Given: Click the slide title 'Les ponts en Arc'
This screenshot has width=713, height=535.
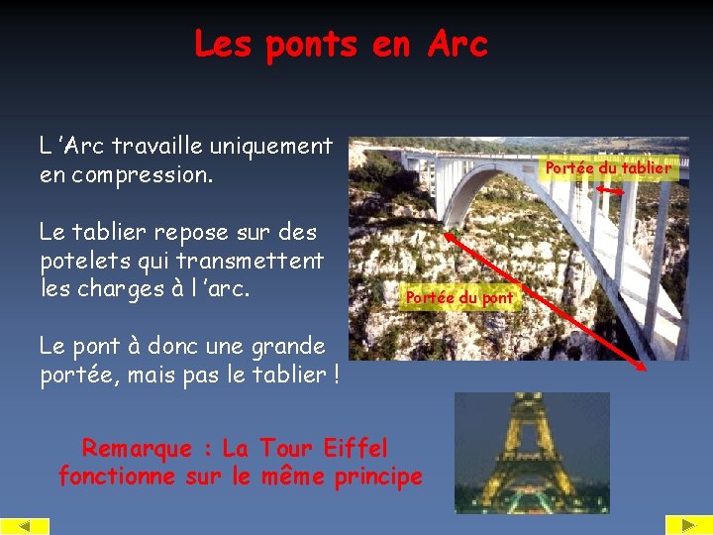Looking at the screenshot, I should [341, 45].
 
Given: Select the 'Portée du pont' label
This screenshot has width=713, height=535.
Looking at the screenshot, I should [459, 297].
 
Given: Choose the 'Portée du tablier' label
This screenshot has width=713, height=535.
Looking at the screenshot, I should [608, 168].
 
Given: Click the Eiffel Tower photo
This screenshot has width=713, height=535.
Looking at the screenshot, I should [531, 452].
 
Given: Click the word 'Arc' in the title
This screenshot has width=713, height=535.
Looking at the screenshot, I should [458, 45].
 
